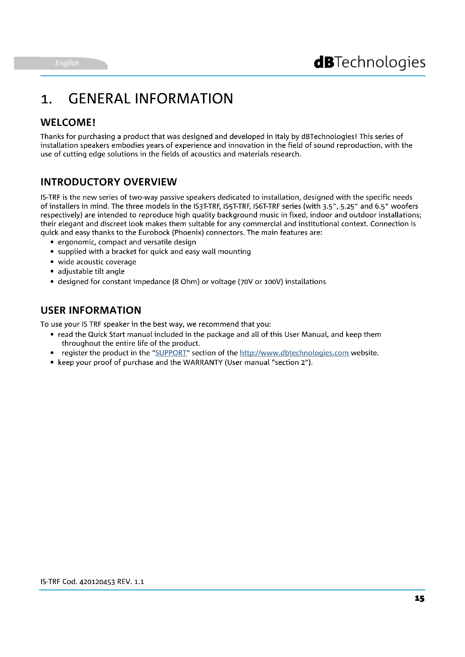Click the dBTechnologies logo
(369, 63)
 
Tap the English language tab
(67, 63)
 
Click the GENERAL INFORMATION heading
(151, 99)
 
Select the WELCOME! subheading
(68, 122)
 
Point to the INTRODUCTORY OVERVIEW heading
(109, 182)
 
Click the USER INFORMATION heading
(91, 310)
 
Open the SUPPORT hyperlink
(171, 353)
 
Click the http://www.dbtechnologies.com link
(294, 353)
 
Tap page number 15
(419, 599)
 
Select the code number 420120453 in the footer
(97, 582)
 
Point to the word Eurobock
(154, 232)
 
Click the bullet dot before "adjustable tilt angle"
(52, 272)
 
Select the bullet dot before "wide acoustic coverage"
(52, 262)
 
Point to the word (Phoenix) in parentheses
(188, 232)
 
